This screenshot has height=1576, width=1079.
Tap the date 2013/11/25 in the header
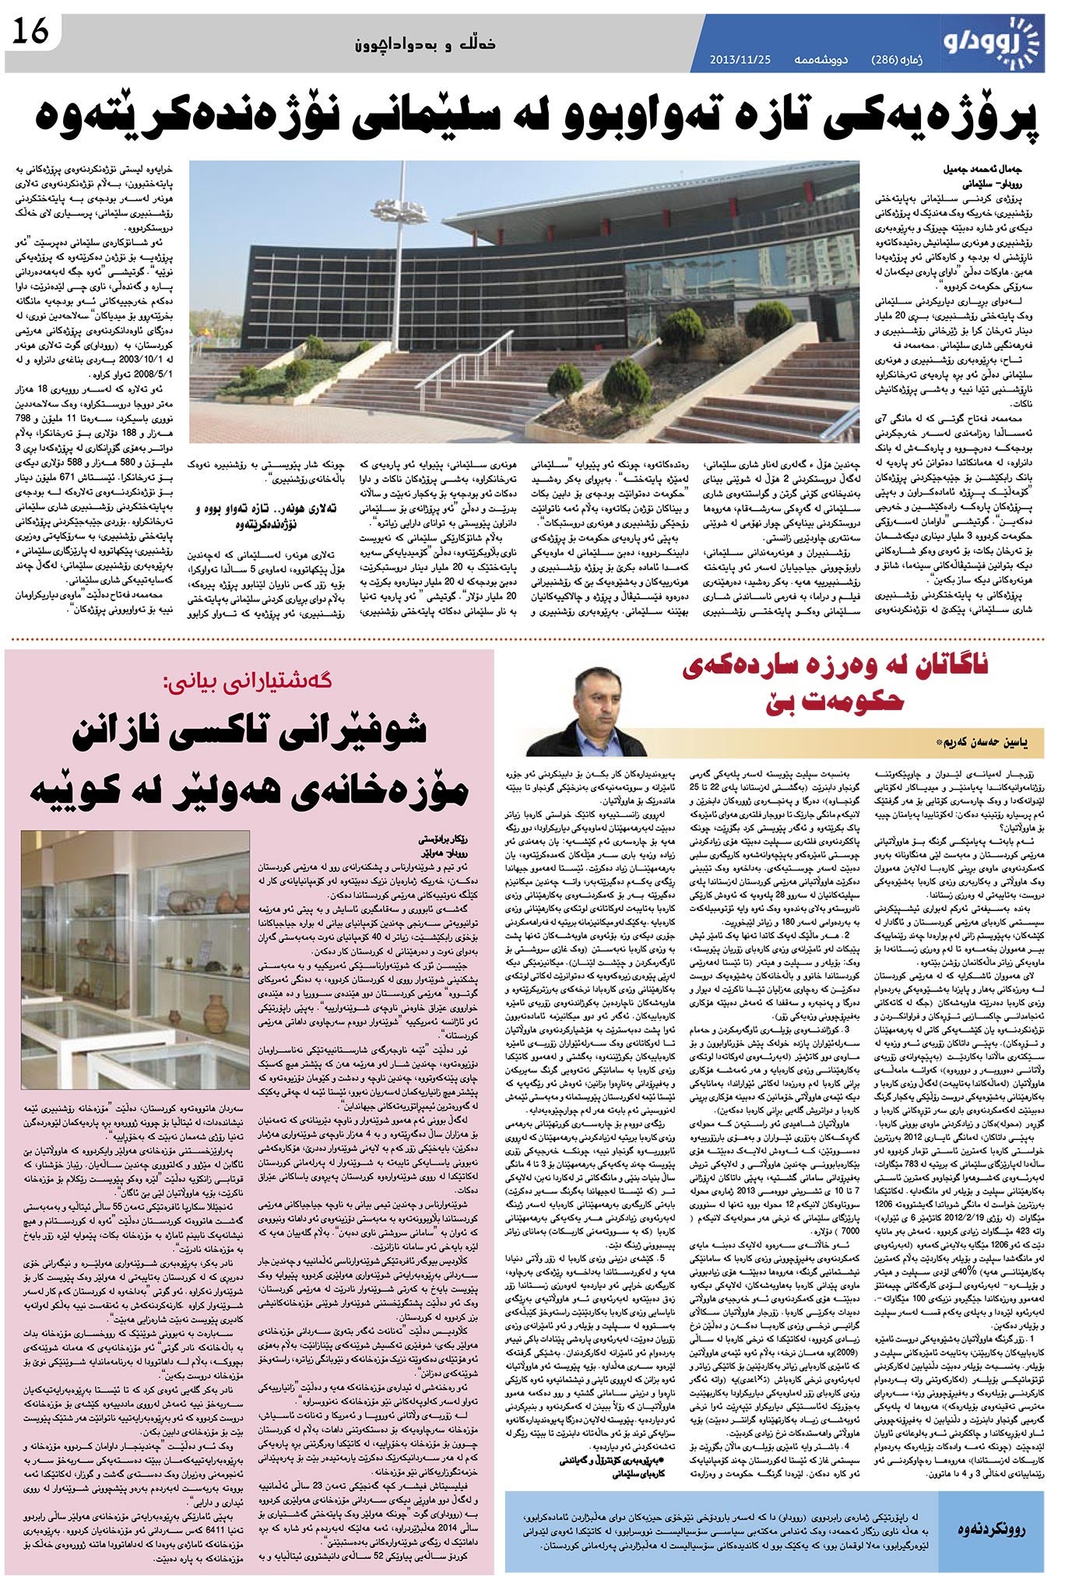(735, 60)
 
